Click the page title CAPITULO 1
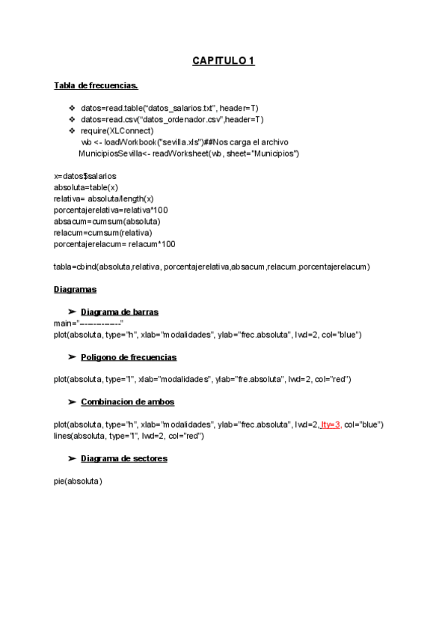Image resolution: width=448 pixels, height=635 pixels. pyautogui.click(x=224, y=61)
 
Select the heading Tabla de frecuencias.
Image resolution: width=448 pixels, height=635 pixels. pyautogui.click(x=96, y=85)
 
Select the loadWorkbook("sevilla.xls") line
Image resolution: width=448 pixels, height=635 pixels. pyautogui.click(x=185, y=142)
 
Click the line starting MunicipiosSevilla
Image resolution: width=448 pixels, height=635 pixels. pyautogui.click(x=188, y=153)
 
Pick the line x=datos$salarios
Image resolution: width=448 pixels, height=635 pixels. pyautogui.click(x=85, y=175)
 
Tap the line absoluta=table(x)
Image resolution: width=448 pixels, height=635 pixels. pyautogui.click(x=86, y=186)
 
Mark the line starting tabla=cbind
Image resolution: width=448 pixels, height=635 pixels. pyautogui.click(x=212, y=266)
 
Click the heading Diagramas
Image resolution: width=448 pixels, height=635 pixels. pyautogui.click(x=75, y=289)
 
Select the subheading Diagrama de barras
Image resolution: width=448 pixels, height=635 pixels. pyautogui.click(x=119, y=312)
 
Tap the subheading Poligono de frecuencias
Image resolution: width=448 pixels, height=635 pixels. pyautogui.click(x=128, y=356)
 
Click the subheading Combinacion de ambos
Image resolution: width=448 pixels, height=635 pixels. pyautogui.click(x=127, y=401)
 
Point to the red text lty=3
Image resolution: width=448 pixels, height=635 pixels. pyautogui.click(x=330, y=425)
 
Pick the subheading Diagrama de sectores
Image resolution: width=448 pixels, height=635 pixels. pyautogui.click(x=123, y=458)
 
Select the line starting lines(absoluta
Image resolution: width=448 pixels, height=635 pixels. pyautogui.click(x=129, y=435)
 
